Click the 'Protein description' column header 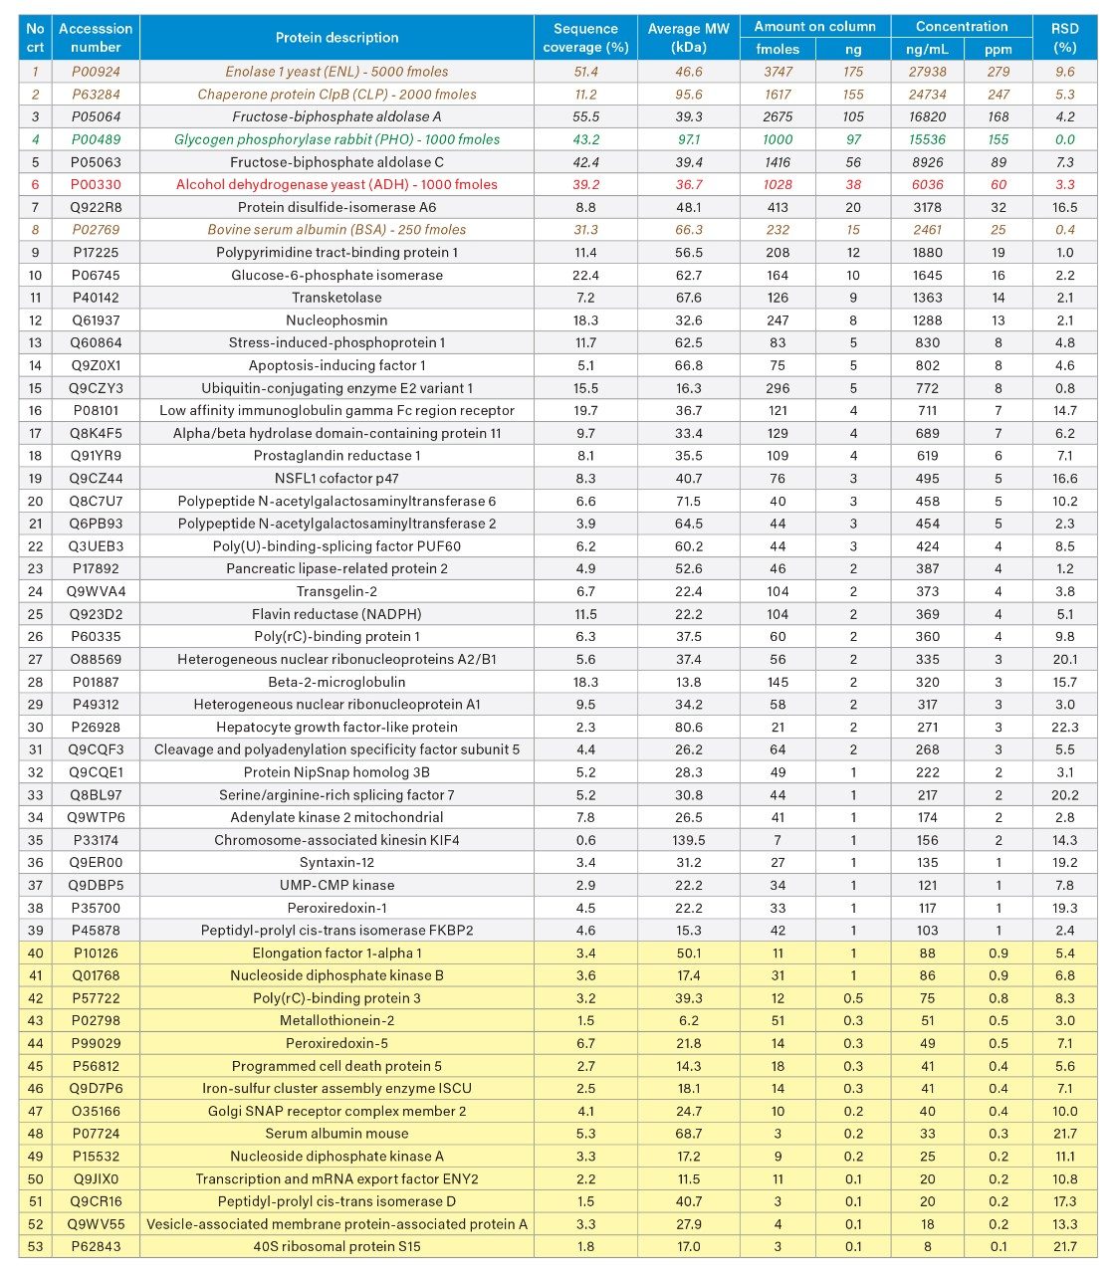pyautogui.click(x=336, y=38)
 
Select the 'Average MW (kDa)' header pyautogui.click(x=688, y=38)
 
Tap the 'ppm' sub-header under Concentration pyautogui.click(x=998, y=49)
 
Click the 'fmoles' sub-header pyautogui.click(x=778, y=49)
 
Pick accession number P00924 pyautogui.click(x=96, y=72)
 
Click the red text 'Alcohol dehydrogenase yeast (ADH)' pyautogui.click(x=336, y=184)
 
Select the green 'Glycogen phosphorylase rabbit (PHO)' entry pyautogui.click(x=336, y=139)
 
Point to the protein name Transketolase pyautogui.click(x=336, y=298)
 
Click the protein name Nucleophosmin pyautogui.click(x=336, y=320)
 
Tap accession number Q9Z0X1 pyautogui.click(x=96, y=365)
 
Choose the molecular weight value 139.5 pyautogui.click(x=688, y=840)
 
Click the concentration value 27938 pyautogui.click(x=927, y=72)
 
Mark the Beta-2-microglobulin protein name pyautogui.click(x=336, y=682)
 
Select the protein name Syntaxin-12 pyautogui.click(x=336, y=862)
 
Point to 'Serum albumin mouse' pyautogui.click(x=336, y=1134)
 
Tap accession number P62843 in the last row pyautogui.click(x=96, y=1246)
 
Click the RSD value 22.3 pyautogui.click(x=1064, y=727)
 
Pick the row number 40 pyautogui.click(x=36, y=953)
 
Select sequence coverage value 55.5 pyautogui.click(x=585, y=116)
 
